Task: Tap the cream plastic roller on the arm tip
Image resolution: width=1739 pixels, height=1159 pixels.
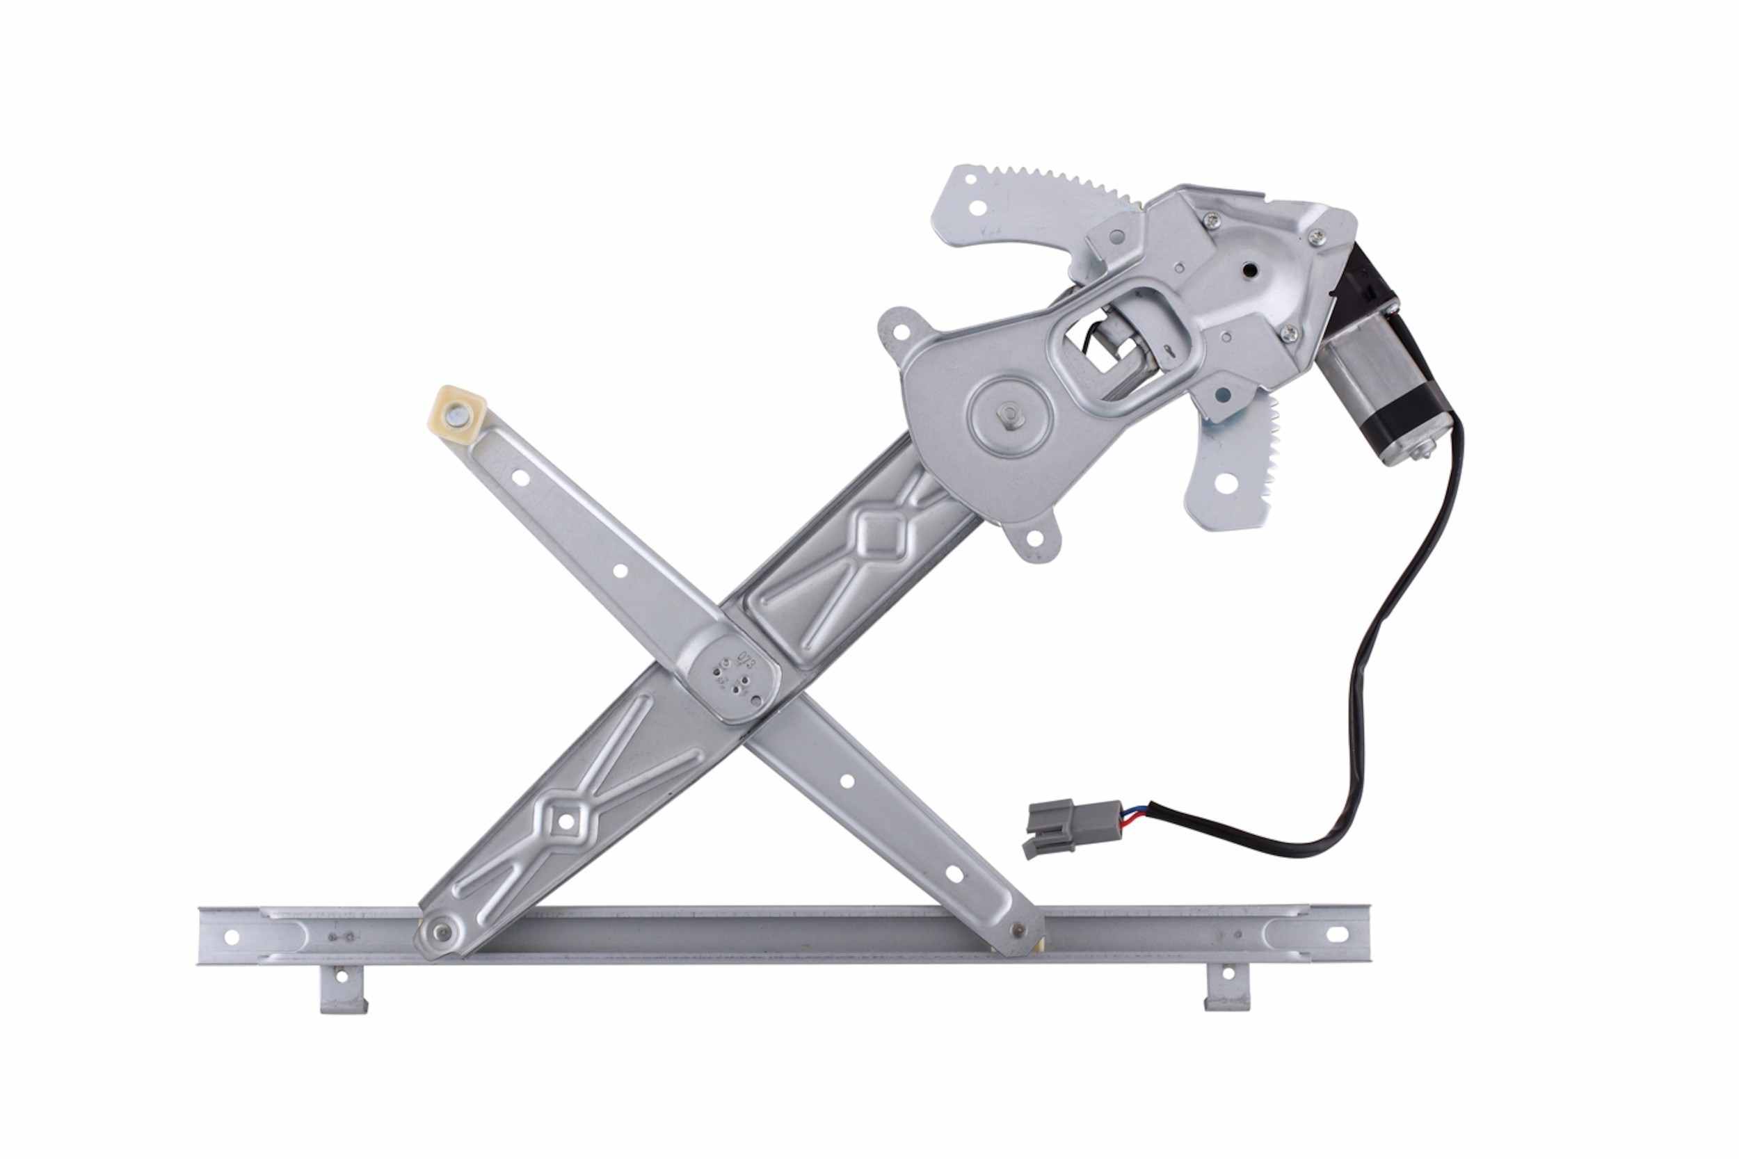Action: click(457, 415)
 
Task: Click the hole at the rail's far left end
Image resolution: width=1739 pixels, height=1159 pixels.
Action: click(232, 937)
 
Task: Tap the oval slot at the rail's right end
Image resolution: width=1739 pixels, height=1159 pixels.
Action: click(1336, 933)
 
